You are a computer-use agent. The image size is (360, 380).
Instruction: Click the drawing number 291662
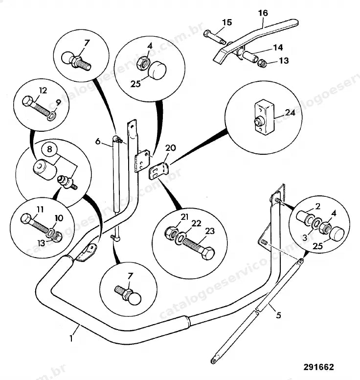(x=318, y=367)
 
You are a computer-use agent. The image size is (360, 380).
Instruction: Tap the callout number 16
(x=263, y=13)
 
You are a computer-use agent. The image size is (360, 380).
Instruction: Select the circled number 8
(x=49, y=149)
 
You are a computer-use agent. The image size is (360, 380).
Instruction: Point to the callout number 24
(x=290, y=113)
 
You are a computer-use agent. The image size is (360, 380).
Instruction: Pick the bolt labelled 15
(x=215, y=38)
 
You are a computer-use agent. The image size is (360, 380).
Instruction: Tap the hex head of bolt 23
(x=208, y=253)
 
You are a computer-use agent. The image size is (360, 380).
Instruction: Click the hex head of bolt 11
(x=26, y=218)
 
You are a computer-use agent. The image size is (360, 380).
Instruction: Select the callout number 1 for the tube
(x=71, y=338)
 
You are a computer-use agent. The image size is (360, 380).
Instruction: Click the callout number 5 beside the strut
(x=278, y=315)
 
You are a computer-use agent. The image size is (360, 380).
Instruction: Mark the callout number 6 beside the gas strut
(x=97, y=141)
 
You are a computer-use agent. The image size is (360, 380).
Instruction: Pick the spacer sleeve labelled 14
(x=249, y=56)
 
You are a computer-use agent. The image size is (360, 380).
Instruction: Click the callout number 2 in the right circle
(x=317, y=206)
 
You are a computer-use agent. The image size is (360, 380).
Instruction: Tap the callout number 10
(x=59, y=218)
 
